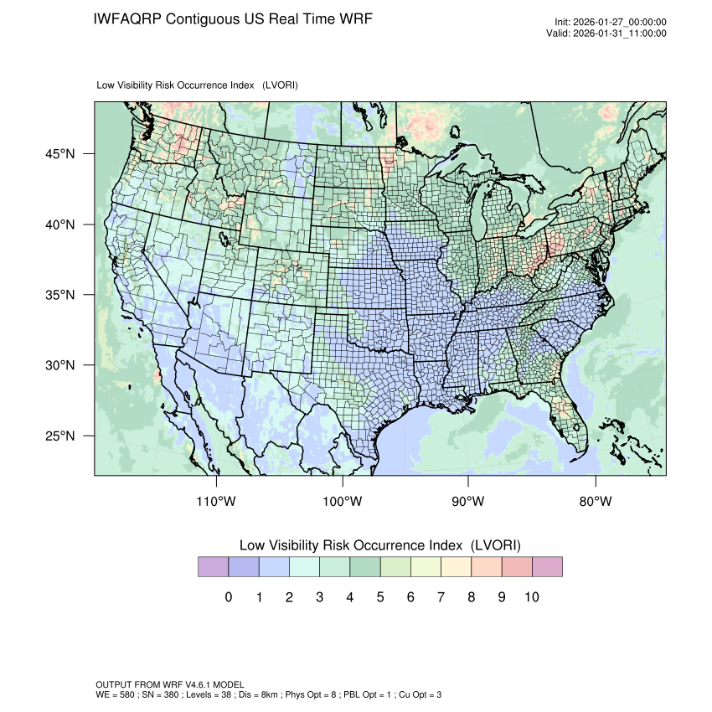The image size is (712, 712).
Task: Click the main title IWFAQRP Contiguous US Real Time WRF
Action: pyautogui.click(x=233, y=18)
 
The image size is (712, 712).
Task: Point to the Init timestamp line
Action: pyautogui.click(x=611, y=23)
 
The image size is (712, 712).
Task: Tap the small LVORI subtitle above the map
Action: pyautogui.click(x=198, y=85)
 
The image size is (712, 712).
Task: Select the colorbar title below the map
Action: pyautogui.click(x=380, y=545)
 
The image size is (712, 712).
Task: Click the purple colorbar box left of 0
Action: pyautogui.click(x=213, y=567)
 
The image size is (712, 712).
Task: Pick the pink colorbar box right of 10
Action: pyautogui.click(x=547, y=567)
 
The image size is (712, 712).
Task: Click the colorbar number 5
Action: pyautogui.click(x=380, y=597)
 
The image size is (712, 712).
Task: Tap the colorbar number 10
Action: pyautogui.click(x=532, y=597)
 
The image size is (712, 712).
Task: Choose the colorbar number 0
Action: pyautogui.click(x=229, y=597)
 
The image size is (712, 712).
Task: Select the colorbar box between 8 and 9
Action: pyautogui.click(x=487, y=567)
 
